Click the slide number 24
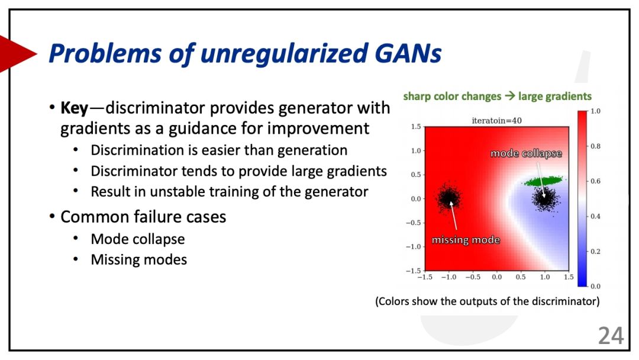[x=611, y=336]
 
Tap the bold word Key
[x=74, y=108]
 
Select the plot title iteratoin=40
[x=496, y=121]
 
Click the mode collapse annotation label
[x=526, y=153]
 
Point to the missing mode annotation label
[x=466, y=240]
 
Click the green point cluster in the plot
[x=543, y=181]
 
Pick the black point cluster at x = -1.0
[x=448, y=198]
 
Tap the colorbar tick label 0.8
[x=595, y=146]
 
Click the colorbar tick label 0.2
[x=595, y=251]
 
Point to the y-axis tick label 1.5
[x=416, y=127]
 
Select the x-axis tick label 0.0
[x=496, y=277]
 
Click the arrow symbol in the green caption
[x=509, y=97]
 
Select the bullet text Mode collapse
[x=138, y=239]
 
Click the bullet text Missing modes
[x=139, y=260]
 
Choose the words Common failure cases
[x=143, y=217]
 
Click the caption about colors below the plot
[x=488, y=301]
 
